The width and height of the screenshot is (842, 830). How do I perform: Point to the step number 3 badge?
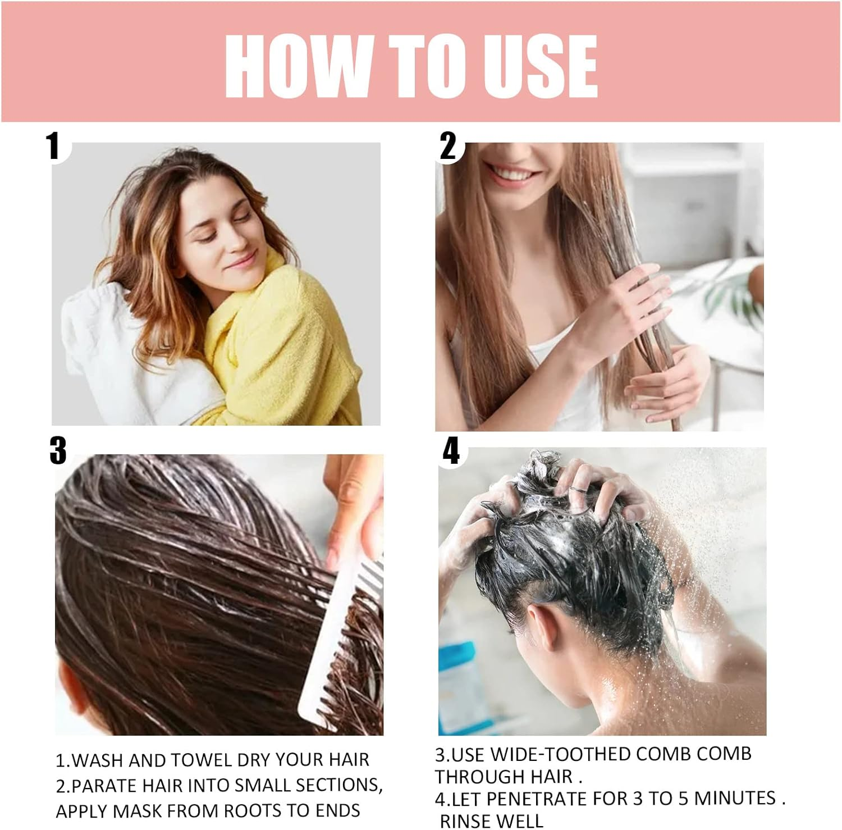58,451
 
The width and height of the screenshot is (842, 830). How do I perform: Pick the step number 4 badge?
451,451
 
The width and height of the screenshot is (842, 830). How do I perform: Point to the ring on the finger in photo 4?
575,490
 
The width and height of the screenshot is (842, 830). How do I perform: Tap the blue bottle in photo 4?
457,685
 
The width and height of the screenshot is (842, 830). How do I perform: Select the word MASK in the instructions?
138,811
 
